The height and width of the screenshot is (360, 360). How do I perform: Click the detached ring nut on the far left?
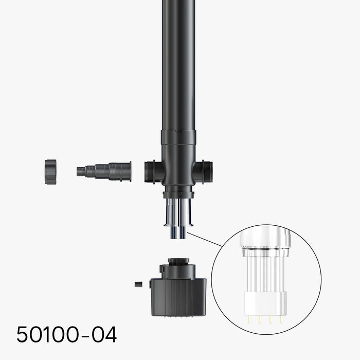click(50, 172)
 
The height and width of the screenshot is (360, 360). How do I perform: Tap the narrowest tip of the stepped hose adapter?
click(79, 171)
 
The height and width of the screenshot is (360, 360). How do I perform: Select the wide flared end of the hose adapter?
click(125, 171)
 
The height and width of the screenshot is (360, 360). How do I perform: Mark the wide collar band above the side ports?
click(178, 137)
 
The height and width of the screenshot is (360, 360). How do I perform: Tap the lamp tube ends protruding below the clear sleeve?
click(179, 232)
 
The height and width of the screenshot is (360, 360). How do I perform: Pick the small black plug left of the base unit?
click(138, 284)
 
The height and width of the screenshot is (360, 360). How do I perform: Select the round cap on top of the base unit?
click(178, 262)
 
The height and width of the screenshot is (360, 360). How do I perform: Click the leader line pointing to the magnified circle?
click(205, 240)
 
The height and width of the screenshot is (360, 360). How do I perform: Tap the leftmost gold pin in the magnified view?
click(249, 319)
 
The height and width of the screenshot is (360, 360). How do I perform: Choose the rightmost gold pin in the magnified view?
click(281, 319)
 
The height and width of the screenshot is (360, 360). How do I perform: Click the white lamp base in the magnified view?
click(265, 304)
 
